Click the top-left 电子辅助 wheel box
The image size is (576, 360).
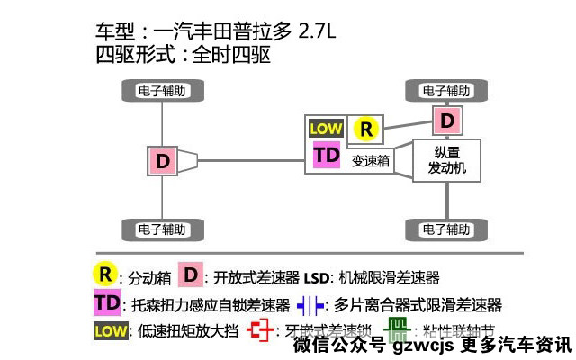point(162,91)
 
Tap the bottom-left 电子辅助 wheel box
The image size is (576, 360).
point(162,229)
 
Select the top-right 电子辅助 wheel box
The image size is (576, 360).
point(447,91)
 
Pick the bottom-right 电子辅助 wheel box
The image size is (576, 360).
point(447,229)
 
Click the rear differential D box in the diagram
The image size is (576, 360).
point(163,161)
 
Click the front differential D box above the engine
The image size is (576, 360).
point(447,120)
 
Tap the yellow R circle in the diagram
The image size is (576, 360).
point(365,129)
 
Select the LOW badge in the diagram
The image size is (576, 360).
point(326,129)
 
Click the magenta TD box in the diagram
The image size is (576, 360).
point(327,154)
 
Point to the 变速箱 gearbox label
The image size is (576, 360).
point(370,161)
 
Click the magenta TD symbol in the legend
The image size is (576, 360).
point(107,302)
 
